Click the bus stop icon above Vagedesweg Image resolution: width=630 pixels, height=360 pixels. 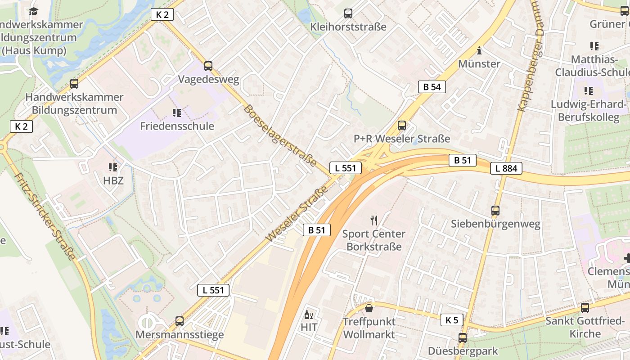(208, 66)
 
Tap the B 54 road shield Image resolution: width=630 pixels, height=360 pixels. (432, 87)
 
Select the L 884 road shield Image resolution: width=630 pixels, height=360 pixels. (506, 169)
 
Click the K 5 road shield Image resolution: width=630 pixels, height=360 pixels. (452, 320)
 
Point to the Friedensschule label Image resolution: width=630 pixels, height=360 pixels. (177, 126)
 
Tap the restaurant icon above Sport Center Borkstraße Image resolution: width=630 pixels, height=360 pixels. (373, 220)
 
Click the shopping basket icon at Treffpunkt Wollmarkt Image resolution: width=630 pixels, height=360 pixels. (369, 308)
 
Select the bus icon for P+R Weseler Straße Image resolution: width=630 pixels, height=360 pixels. (402, 126)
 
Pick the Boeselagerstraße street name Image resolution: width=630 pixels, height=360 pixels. (280, 135)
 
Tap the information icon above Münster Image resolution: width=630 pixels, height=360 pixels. (479, 50)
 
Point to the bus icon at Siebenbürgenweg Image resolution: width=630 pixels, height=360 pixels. (495, 210)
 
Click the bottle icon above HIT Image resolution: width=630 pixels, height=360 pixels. (309, 314)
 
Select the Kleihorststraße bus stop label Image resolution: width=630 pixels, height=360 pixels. (348, 27)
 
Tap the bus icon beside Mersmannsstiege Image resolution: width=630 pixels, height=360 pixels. (180, 321)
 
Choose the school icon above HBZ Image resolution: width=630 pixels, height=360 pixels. (112, 167)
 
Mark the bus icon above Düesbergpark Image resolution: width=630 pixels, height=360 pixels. (463, 338)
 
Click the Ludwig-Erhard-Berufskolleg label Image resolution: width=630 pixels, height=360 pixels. (589, 111)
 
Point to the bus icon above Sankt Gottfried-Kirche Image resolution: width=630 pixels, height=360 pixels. (585, 308)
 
